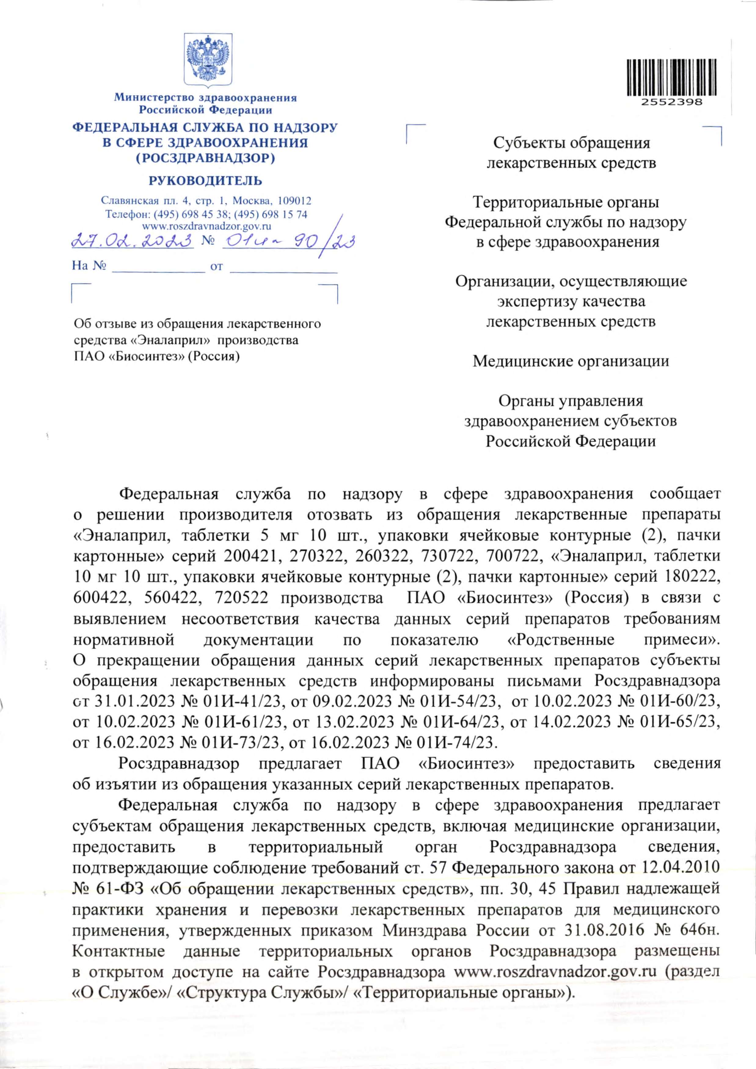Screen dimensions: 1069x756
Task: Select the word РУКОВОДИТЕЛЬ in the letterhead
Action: pos(205,181)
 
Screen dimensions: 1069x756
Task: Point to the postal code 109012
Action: pos(294,201)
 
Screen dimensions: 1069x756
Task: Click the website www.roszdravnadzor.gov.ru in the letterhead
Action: pos(206,227)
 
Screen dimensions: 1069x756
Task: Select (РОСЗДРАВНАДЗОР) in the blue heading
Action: pos(205,158)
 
